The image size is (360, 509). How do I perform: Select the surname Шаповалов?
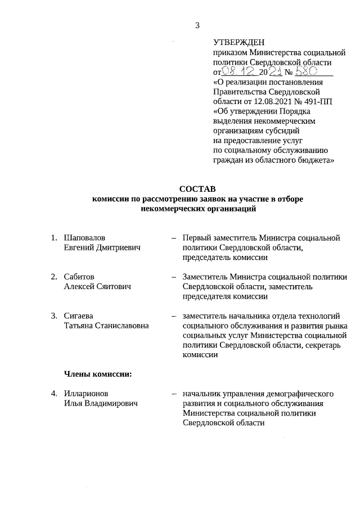click(x=85, y=238)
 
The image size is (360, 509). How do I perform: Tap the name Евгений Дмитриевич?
click(x=102, y=247)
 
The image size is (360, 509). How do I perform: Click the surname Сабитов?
click(x=79, y=277)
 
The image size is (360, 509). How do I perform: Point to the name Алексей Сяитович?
click(x=97, y=287)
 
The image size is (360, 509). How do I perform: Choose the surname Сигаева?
click(x=79, y=316)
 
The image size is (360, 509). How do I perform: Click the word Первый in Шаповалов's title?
click(x=197, y=238)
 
